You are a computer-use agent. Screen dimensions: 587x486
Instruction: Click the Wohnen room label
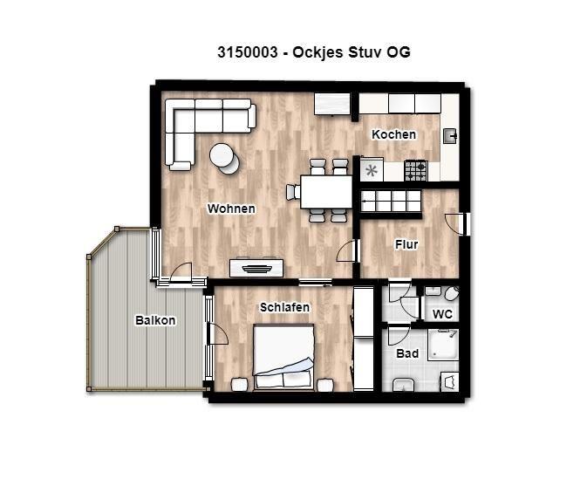pos(231,209)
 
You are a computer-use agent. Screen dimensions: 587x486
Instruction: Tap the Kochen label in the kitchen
pos(394,134)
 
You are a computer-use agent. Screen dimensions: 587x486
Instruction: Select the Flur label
pos(406,244)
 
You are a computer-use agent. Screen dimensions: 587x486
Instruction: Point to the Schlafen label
pos(284,307)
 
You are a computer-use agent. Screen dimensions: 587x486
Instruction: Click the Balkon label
pos(155,320)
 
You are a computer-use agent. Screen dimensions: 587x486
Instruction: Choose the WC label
pos(442,314)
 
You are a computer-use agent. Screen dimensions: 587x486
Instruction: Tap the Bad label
pos(407,353)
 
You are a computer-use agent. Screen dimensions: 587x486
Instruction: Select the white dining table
pos(326,192)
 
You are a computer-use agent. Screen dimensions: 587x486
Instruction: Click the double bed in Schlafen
pos(283,357)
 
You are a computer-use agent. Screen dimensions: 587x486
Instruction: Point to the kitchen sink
pos(449,136)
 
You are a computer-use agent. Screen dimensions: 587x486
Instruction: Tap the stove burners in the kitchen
pos(415,170)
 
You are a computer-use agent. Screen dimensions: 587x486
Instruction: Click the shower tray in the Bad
pos(443,345)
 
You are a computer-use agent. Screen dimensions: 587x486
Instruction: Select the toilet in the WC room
pos(452,293)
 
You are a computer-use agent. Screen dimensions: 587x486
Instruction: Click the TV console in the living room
pos(256,267)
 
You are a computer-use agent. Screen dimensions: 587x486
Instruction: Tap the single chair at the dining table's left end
pos(293,192)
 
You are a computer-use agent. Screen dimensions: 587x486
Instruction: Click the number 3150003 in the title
pos(248,52)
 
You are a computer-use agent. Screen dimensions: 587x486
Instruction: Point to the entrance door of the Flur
pos(465,224)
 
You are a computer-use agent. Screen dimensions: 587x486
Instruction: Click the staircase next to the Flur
pos(391,201)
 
